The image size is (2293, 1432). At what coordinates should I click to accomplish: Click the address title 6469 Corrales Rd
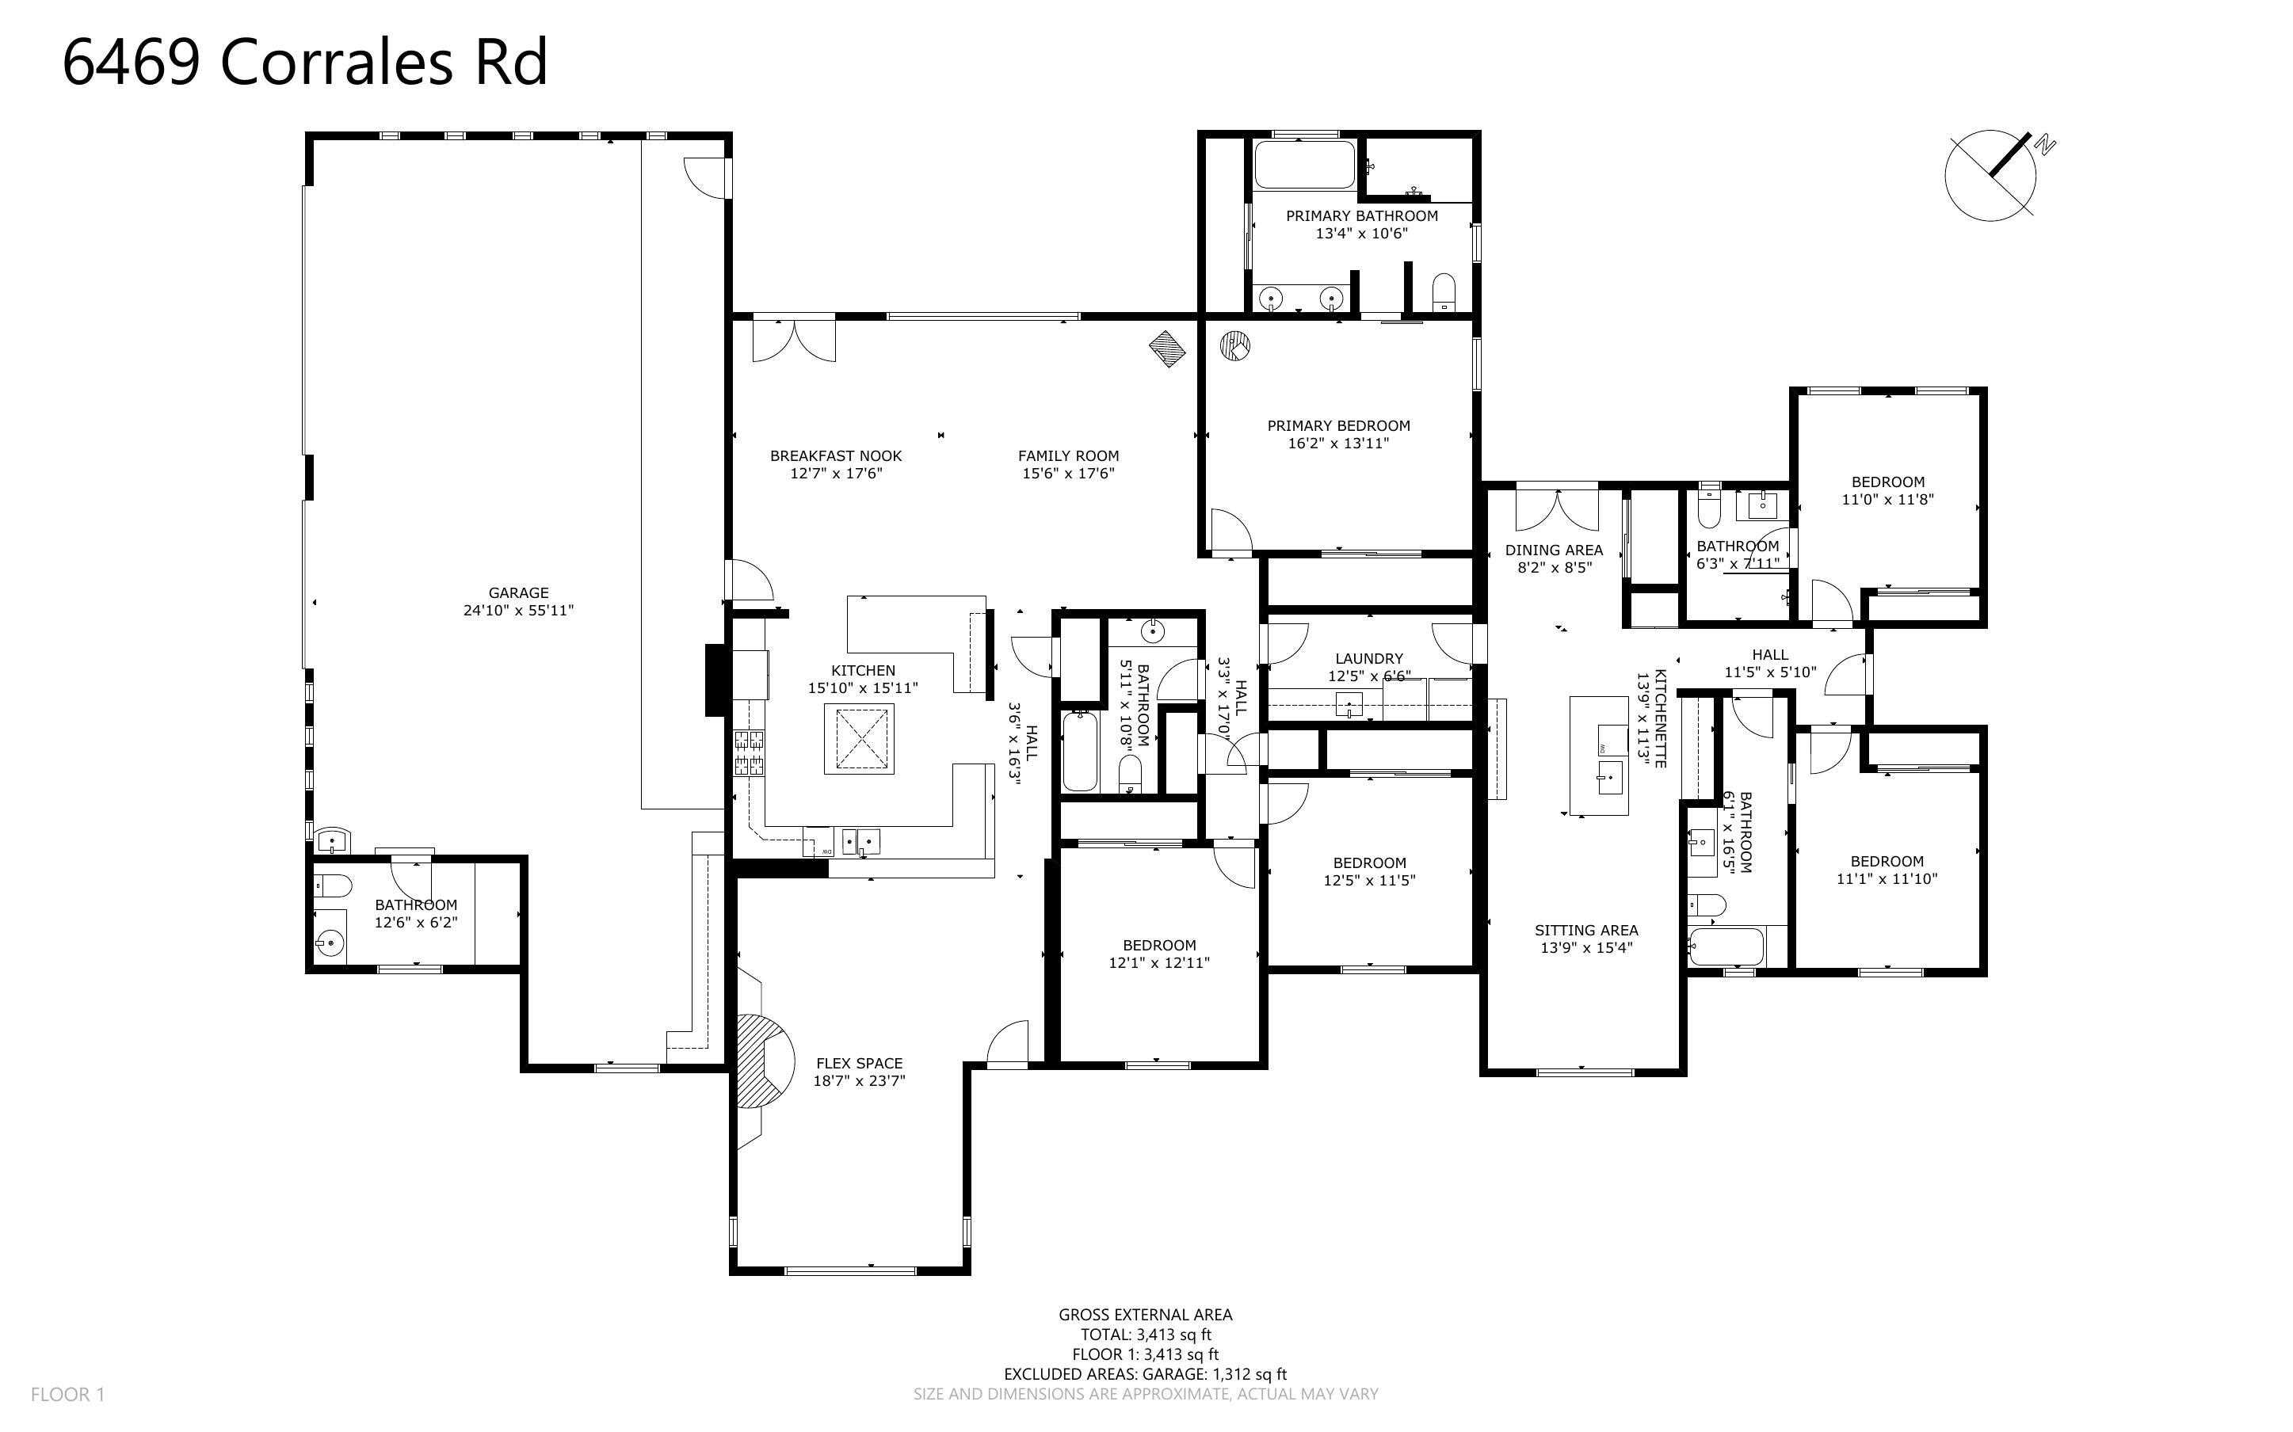(x=305, y=63)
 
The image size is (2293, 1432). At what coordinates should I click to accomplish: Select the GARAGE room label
(x=518, y=593)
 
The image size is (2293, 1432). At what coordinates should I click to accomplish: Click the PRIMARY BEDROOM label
(x=1338, y=425)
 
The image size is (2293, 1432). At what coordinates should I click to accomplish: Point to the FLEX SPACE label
(x=859, y=1063)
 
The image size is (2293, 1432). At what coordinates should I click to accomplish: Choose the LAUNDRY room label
(x=1368, y=658)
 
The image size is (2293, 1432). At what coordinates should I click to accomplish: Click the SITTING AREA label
(x=1585, y=930)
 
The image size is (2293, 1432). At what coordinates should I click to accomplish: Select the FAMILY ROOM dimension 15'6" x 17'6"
(x=1068, y=473)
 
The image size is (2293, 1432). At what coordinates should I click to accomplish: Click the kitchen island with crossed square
(x=859, y=740)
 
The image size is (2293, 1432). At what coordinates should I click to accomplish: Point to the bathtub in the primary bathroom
(x=1304, y=164)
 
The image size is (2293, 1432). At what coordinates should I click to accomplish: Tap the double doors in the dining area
(x=1556, y=509)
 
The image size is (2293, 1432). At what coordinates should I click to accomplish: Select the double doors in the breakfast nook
(x=795, y=340)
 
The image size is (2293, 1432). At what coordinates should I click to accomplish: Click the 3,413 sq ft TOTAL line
(x=1146, y=1335)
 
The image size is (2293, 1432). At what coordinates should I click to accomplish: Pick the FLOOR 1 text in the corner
(x=67, y=1394)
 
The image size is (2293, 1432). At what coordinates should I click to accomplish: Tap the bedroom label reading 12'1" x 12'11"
(x=1159, y=962)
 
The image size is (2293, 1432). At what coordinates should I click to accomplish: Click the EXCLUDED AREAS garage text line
(x=1145, y=1373)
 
